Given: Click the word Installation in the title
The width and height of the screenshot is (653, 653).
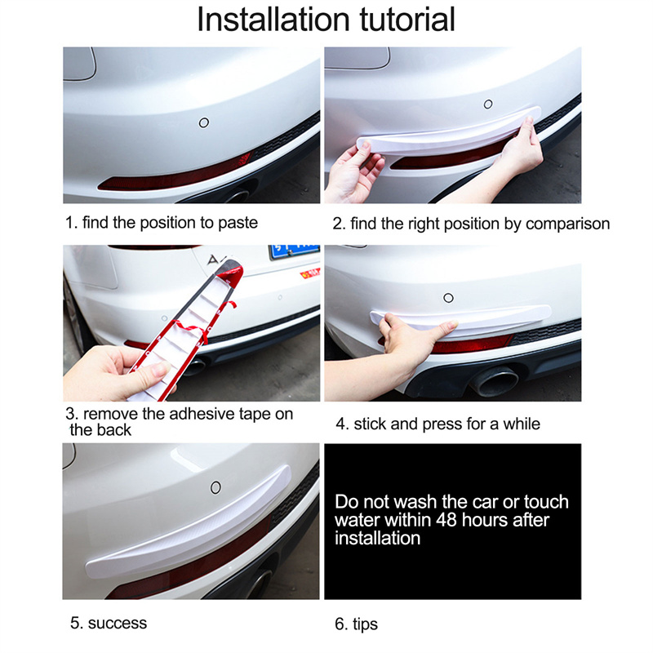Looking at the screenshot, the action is click(x=273, y=20).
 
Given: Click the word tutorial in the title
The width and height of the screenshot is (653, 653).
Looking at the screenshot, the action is click(x=407, y=20).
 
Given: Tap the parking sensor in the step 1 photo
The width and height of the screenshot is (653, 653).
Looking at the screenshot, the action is click(x=203, y=123).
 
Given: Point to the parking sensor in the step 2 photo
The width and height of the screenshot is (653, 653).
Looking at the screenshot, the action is click(x=488, y=104).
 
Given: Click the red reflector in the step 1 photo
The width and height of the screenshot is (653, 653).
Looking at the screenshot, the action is click(x=175, y=175).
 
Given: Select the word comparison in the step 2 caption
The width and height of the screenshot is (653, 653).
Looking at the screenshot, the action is click(x=567, y=224).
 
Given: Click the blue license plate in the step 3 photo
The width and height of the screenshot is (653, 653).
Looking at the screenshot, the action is click(x=294, y=251).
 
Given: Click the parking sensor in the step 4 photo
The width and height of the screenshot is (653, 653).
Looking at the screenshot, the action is click(x=448, y=298).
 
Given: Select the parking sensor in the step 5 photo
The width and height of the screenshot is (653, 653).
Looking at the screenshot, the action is click(x=215, y=487).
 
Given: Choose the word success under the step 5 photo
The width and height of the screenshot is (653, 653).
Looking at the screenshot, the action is click(x=118, y=624).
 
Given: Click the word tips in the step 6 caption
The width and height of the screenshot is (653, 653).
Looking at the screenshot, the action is click(x=365, y=624).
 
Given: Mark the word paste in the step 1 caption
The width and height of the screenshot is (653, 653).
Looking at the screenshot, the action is click(x=238, y=223).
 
